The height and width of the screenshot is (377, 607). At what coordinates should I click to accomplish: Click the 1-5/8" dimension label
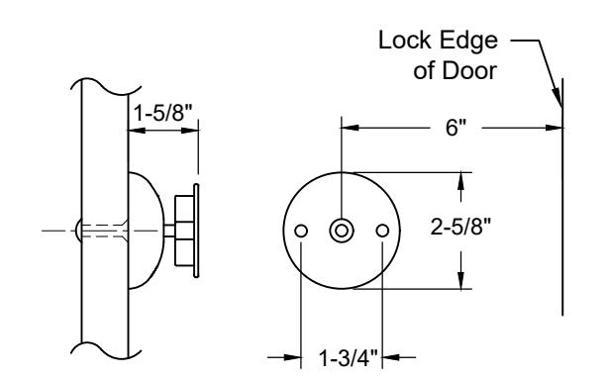(162, 113)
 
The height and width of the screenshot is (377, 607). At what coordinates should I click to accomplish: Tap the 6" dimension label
(456, 128)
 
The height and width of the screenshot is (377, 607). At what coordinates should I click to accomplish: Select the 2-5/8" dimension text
(460, 227)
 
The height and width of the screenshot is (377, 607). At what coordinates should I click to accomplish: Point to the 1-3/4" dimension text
(348, 357)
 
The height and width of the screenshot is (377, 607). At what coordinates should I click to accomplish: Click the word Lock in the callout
(405, 41)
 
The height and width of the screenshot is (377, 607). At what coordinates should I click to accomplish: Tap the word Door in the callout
(469, 71)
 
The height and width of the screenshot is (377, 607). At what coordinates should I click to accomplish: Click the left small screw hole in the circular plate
(301, 231)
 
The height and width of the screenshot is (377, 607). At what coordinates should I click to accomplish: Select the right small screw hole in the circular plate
(382, 231)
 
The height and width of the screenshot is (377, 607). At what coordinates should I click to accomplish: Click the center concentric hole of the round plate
(342, 231)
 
